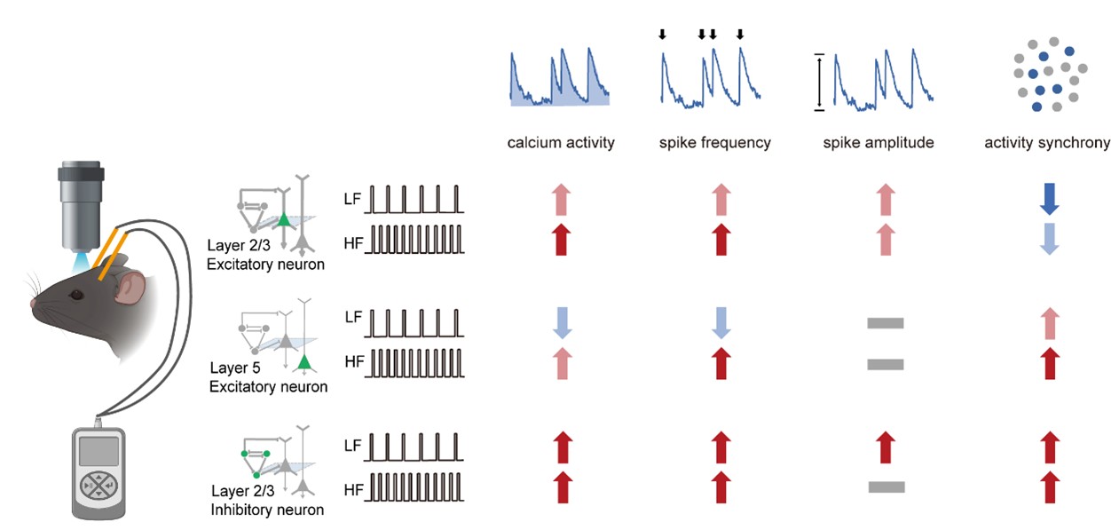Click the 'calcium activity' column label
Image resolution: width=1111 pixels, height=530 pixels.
(561, 142)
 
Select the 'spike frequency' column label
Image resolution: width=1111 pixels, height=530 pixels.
(714, 142)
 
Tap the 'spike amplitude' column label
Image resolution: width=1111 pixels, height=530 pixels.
(878, 142)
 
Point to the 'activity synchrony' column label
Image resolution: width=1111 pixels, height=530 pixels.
(1047, 142)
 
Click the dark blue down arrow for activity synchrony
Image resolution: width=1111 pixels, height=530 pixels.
(1049, 200)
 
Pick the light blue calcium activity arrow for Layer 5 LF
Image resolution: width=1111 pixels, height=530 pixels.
(561, 323)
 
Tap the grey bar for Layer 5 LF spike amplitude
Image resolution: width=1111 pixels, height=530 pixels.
(885, 323)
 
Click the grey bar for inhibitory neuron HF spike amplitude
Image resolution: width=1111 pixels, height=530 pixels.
(886, 486)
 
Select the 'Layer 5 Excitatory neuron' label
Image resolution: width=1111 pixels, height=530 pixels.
(268, 377)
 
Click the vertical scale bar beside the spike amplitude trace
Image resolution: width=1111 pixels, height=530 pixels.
(819, 83)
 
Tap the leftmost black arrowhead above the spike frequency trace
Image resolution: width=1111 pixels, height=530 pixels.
(661, 36)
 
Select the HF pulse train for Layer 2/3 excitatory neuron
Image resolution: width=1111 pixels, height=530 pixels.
(415, 241)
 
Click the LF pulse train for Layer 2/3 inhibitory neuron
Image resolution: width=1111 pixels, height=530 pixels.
(415, 447)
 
